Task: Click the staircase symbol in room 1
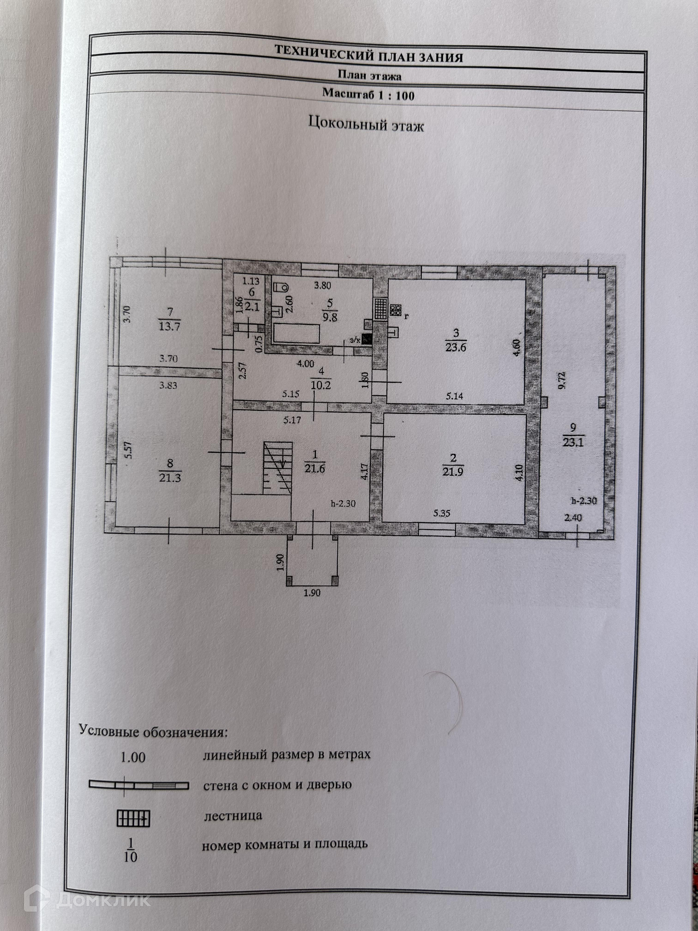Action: [x=278, y=468]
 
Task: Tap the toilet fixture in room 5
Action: [x=281, y=287]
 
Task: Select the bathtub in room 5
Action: [x=296, y=333]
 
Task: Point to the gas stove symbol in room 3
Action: [x=396, y=310]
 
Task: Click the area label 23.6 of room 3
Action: [x=456, y=348]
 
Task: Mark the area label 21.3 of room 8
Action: [x=170, y=477]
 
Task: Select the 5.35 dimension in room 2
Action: [x=442, y=513]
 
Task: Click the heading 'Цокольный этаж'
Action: [x=366, y=124]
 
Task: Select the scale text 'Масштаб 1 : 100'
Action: [x=368, y=94]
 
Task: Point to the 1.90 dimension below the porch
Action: [x=312, y=593]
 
